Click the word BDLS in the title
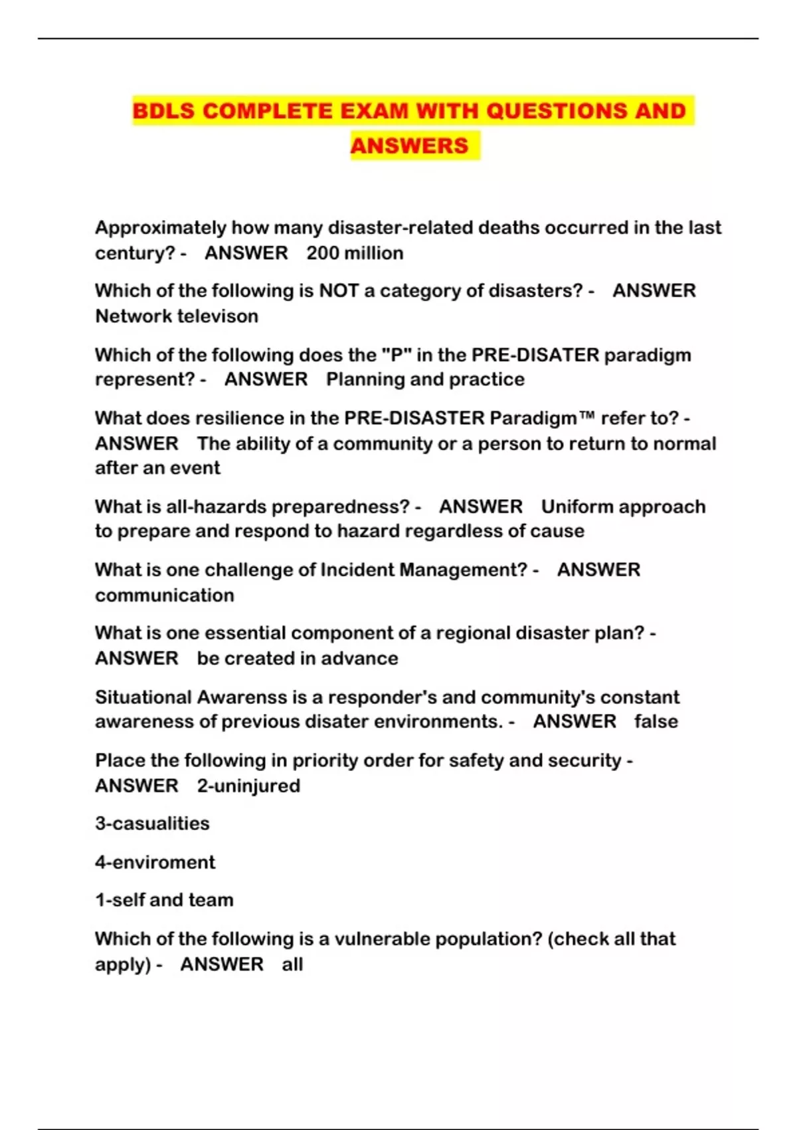(x=163, y=110)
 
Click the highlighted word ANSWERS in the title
(x=409, y=146)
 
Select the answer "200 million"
(x=355, y=253)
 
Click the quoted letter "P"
(x=397, y=355)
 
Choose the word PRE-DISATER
(x=535, y=355)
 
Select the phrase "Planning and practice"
(x=425, y=380)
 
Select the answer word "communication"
(x=165, y=595)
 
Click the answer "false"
(x=656, y=722)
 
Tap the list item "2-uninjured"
(x=248, y=786)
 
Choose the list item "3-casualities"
(x=152, y=824)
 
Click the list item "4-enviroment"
(x=155, y=862)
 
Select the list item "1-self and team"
(x=164, y=900)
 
